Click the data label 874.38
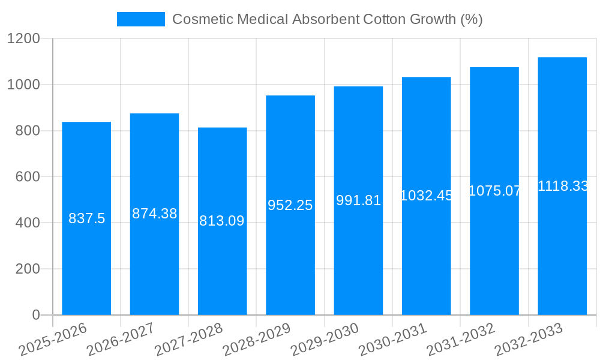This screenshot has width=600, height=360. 154,214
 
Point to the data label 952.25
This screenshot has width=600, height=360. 290,205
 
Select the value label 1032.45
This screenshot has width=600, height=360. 426,196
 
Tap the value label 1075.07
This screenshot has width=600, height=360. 494,191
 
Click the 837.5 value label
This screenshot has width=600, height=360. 86,218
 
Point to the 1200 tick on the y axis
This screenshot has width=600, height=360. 23,39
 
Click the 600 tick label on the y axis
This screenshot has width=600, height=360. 28,177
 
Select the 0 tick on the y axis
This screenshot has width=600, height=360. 35,315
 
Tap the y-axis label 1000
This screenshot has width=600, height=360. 23,85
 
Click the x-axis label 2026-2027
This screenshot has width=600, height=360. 120,339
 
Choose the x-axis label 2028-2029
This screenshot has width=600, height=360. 256,339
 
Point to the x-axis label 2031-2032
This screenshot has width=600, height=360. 460,339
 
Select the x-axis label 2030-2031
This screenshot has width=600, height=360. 392,339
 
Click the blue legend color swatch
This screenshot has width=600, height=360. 140,19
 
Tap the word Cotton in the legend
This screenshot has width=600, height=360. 386,19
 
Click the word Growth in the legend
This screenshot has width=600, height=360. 433,19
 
